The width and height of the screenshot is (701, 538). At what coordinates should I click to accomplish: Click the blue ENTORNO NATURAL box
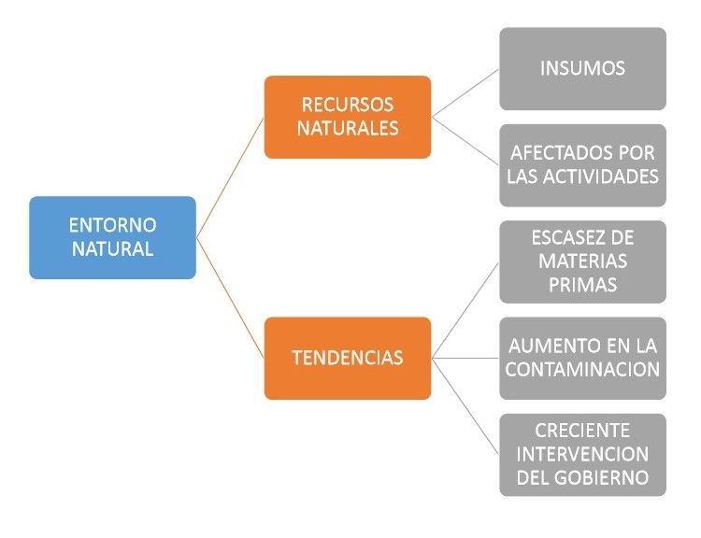click(x=112, y=237)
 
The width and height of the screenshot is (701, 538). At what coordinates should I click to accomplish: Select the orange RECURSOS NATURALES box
click(x=347, y=117)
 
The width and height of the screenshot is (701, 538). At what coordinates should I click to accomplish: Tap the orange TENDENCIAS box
click(x=347, y=358)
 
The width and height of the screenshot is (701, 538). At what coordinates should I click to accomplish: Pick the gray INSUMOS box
click(x=582, y=68)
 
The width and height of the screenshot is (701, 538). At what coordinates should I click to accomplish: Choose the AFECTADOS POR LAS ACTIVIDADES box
click(x=582, y=164)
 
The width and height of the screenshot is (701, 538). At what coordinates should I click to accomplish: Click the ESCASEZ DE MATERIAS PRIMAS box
click(x=582, y=262)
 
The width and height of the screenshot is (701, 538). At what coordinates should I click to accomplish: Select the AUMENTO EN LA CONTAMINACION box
click(x=582, y=358)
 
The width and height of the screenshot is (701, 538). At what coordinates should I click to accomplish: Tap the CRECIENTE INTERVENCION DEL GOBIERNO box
click(x=582, y=454)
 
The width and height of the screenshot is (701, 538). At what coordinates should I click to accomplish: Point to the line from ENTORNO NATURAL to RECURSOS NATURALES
click(x=230, y=177)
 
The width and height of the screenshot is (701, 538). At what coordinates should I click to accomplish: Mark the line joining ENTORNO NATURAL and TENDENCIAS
click(x=230, y=298)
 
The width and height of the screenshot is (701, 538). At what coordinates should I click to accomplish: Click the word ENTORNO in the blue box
click(x=112, y=225)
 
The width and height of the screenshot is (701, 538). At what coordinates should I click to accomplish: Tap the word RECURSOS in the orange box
click(x=347, y=105)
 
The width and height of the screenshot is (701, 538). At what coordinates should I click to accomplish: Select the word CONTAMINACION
click(x=582, y=370)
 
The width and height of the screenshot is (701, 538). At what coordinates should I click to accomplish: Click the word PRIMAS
click(x=582, y=285)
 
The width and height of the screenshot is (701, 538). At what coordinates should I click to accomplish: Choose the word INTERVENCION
click(x=582, y=454)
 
